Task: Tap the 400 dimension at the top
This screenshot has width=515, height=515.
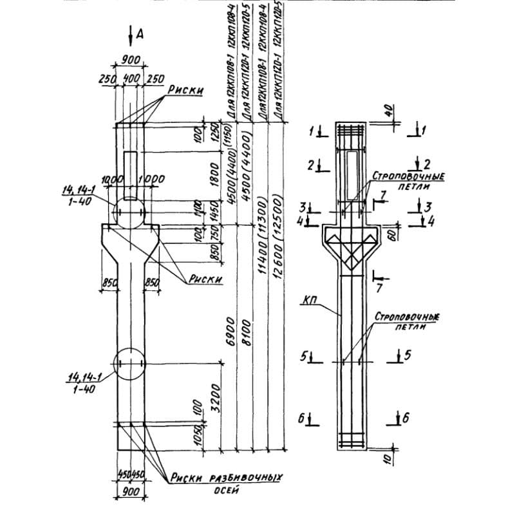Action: pyautogui.click(x=131, y=78)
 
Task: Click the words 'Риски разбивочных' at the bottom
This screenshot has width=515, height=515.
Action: pyautogui.click(x=228, y=478)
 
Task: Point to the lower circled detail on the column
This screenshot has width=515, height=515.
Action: pyautogui.click(x=130, y=365)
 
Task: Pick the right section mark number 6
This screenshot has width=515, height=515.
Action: pyautogui.click(x=406, y=418)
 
